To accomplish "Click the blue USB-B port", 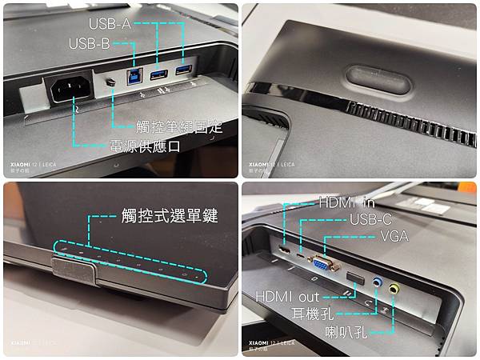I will pyautogui.click(x=133, y=77).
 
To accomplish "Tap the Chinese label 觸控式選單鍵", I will pyautogui.click(x=169, y=215).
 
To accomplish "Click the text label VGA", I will pyautogui.click(x=401, y=237).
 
